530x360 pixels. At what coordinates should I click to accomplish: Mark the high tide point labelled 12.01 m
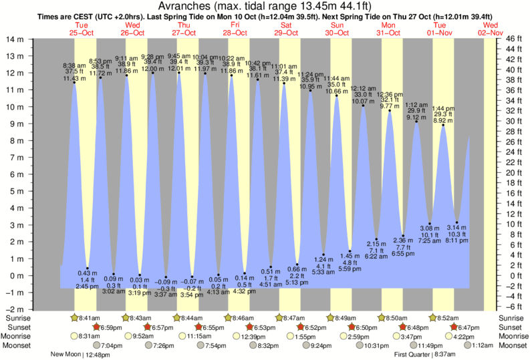click(179, 73)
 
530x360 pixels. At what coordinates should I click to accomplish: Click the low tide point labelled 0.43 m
click(87, 268)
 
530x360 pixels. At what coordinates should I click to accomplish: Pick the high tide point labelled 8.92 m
click(443, 125)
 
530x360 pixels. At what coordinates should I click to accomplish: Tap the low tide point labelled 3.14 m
click(456, 222)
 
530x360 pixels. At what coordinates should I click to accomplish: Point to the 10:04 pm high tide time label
click(206, 57)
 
